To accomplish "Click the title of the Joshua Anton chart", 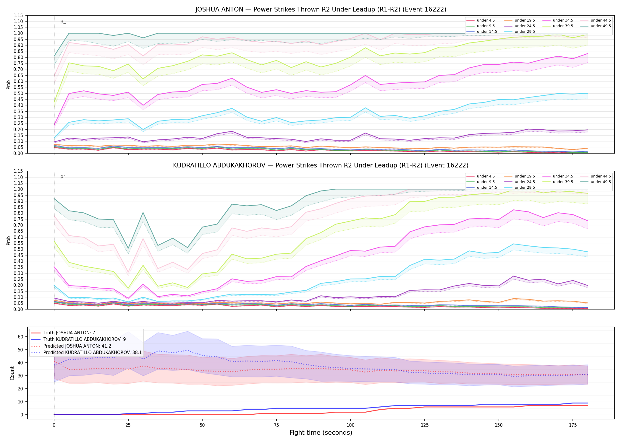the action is pyautogui.click(x=321, y=9).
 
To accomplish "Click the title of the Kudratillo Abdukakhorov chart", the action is pyautogui.click(x=321, y=165).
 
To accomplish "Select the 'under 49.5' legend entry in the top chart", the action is pyautogui.click(x=595, y=26).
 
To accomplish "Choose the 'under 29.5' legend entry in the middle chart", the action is pyautogui.click(x=520, y=188).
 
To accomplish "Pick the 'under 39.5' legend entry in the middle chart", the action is pyautogui.click(x=558, y=182).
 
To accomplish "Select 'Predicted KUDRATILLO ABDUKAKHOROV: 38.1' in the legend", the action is pyautogui.click(x=86, y=353).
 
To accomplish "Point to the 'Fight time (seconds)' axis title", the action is pyautogui.click(x=321, y=433).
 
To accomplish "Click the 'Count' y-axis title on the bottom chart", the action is pyautogui.click(x=12, y=373).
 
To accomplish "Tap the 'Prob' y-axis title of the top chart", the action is pyautogui.click(x=9, y=84).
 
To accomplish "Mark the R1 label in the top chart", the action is pyautogui.click(x=63, y=22).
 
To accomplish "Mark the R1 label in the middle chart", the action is pyautogui.click(x=63, y=177).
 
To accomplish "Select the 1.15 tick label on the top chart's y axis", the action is pyautogui.click(x=18, y=15).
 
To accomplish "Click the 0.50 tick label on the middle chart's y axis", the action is pyautogui.click(x=18, y=249).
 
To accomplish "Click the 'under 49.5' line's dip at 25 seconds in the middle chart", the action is pyautogui.click(x=128, y=248).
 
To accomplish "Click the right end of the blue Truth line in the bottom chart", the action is pyautogui.click(x=588, y=403).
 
